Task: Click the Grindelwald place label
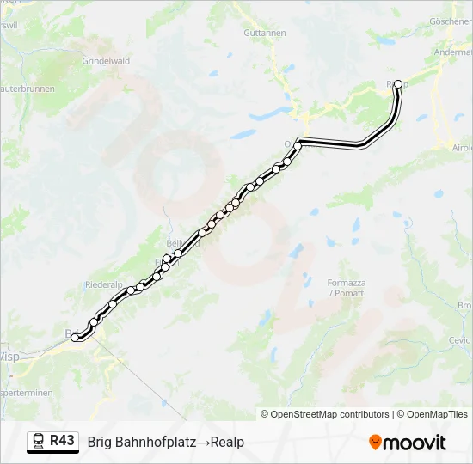tap(106, 61)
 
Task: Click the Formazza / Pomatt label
tap(346, 288)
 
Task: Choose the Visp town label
tap(9, 356)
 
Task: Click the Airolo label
tap(462, 147)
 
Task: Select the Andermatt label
tap(453, 52)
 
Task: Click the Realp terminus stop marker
tap(397, 84)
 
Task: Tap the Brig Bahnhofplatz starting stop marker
tap(76, 338)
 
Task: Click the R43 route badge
tap(62, 441)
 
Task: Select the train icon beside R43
tap(39, 442)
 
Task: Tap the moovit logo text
tap(415, 443)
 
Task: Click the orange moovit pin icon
tap(375, 443)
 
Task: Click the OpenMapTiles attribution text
tap(433, 414)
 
